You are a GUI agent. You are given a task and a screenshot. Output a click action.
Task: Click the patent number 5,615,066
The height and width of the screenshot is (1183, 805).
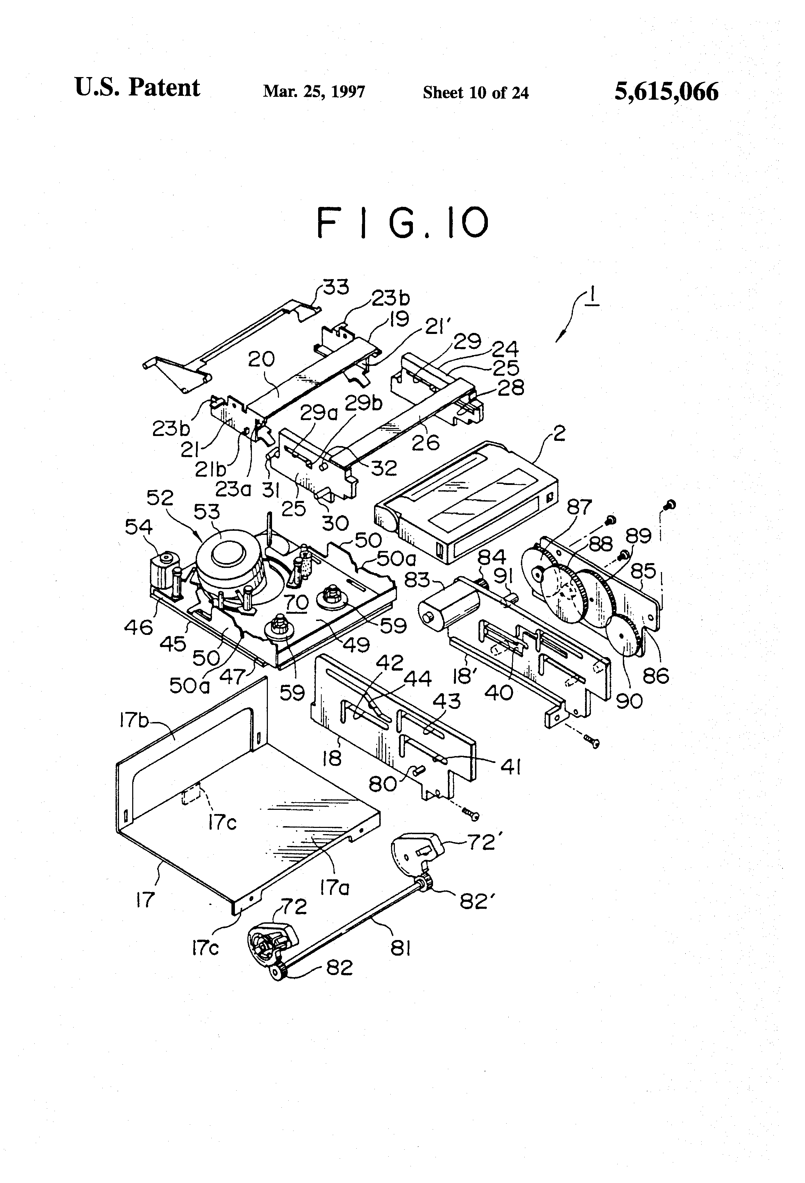tap(666, 92)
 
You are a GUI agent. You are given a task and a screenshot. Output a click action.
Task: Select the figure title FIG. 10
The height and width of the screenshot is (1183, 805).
tap(402, 223)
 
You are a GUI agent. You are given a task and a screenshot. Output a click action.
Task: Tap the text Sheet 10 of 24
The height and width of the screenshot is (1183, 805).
tap(475, 93)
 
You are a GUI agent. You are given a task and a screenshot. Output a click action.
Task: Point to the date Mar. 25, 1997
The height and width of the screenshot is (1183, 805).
tap(314, 92)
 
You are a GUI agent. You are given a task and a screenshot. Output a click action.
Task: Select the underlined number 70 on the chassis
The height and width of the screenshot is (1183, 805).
tap(297, 603)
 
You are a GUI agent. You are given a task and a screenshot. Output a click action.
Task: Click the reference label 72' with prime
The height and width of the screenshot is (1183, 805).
tap(481, 842)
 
